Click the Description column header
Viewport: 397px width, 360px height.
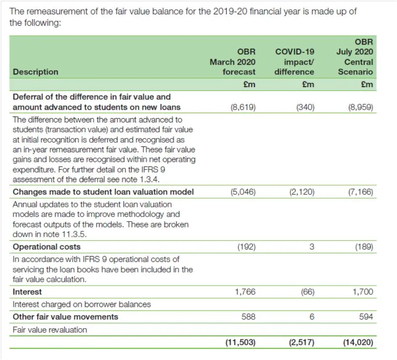36,72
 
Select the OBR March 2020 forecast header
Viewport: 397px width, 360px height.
233,62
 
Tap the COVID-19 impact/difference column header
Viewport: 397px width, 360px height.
294,62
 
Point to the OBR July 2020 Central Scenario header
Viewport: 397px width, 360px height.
355,57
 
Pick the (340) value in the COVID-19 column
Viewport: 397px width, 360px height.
306,107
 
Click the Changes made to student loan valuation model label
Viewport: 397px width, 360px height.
103,192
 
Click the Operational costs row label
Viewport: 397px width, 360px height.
47,246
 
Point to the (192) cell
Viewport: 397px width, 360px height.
246,246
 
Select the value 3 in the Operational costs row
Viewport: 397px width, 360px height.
312,246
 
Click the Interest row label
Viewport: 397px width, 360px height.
27,291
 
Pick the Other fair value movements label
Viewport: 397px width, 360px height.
66,317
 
